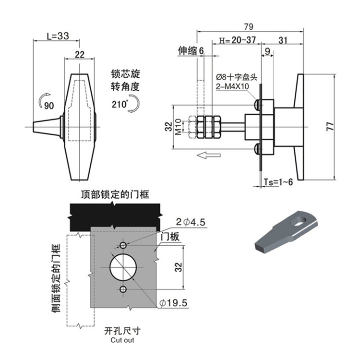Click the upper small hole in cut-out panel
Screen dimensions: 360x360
click(x=124, y=245)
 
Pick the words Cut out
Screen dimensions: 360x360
click(x=122, y=340)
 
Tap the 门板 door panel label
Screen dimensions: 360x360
click(x=169, y=236)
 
